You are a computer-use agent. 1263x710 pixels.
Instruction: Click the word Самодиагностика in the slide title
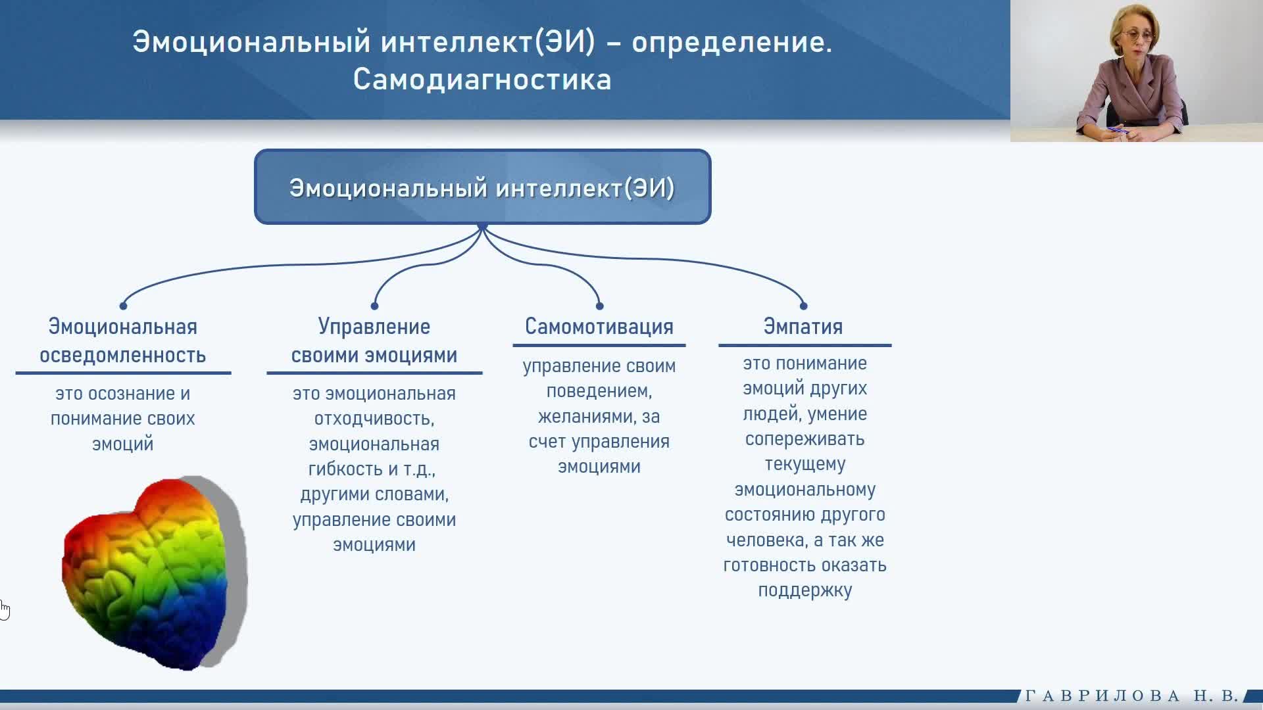tap(482, 80)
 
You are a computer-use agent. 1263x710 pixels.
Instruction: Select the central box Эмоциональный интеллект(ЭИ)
tap(483, 187)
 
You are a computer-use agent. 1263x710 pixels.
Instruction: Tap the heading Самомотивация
tap(599, 327)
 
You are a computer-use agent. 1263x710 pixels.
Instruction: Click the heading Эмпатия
tap(803, 327)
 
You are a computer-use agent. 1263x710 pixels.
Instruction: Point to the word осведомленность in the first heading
tap(123, 356)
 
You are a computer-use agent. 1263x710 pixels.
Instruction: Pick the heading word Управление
tap(374, 327)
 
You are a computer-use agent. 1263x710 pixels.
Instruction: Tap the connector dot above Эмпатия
tap(803, 306)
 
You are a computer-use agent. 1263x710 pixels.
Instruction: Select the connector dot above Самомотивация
tap(599, 306)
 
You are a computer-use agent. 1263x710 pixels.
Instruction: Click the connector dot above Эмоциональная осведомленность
tap(123, 306)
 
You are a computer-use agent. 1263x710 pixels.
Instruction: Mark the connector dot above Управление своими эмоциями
tap(374, 306)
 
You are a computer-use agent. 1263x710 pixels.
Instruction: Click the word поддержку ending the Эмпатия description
tap(805, 591)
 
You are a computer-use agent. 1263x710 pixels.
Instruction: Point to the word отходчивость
tap(374, 419)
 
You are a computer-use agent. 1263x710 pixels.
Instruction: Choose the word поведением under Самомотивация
tap(599, 392)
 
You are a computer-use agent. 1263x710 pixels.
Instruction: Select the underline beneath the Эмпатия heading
tap(805, 345)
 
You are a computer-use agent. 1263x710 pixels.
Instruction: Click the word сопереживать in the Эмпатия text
tap(805, 439)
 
